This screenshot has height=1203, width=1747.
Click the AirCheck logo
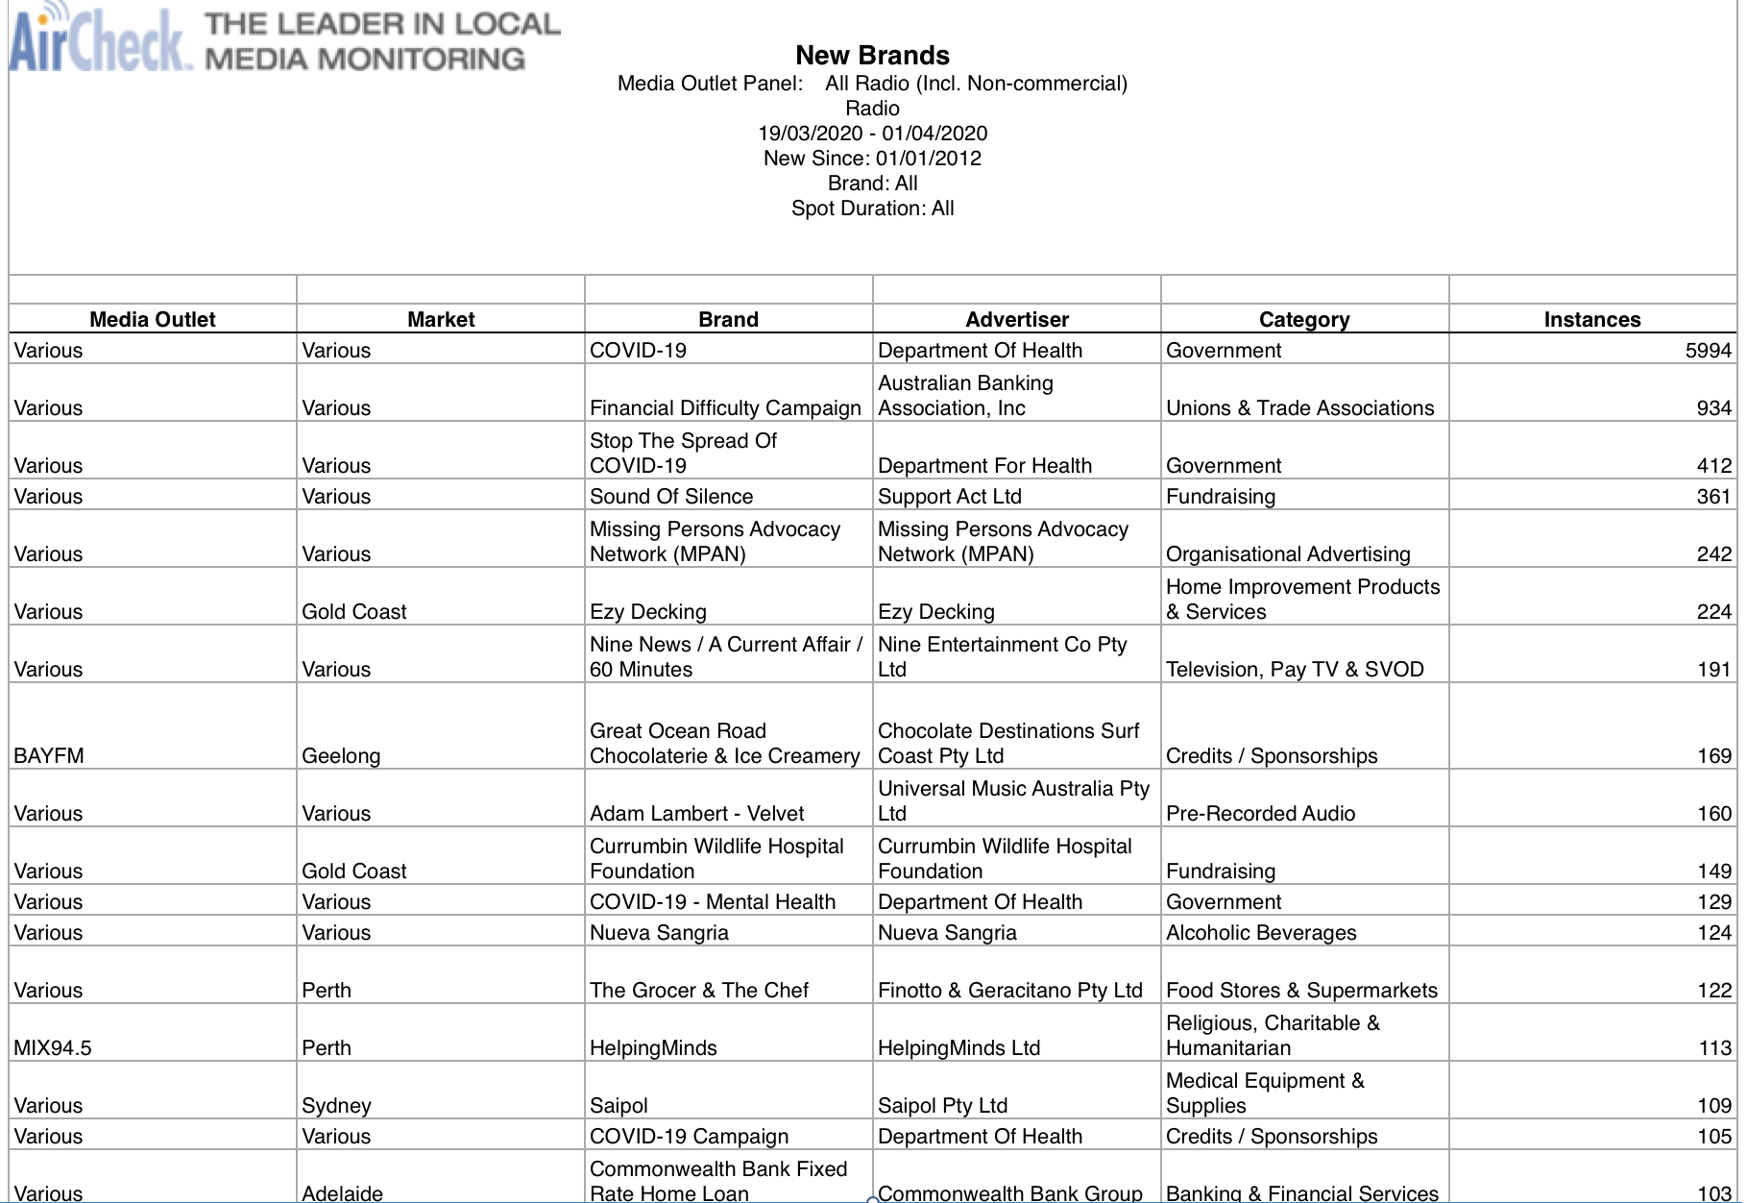coord(100,38)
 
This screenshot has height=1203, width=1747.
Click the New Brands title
coord(872,56)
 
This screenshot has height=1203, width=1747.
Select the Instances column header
coord(1591,320)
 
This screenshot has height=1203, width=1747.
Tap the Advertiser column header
coord(1016,320)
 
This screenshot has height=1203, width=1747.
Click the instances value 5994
coord(1708,351)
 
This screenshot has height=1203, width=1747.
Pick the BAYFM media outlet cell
coord(49,756)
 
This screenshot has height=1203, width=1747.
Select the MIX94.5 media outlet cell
coord(53,1048)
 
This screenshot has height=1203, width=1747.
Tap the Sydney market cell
coord(336,1106)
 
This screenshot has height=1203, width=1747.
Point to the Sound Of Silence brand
coord(671,497)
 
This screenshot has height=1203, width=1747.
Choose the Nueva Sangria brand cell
coord(659,933)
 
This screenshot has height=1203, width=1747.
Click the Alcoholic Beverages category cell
coord(1261,933)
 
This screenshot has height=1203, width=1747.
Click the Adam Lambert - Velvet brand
coord(696,814)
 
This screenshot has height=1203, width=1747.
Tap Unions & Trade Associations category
coord(1299,408)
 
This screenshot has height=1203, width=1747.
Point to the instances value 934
coord(1713,408)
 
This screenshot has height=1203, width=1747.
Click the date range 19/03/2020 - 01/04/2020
coord(872,134)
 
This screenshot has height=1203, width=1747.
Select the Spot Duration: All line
coord(872,209)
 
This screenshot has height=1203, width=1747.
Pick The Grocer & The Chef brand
coord(699,991)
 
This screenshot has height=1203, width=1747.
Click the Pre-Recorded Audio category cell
coord(1260,814)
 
